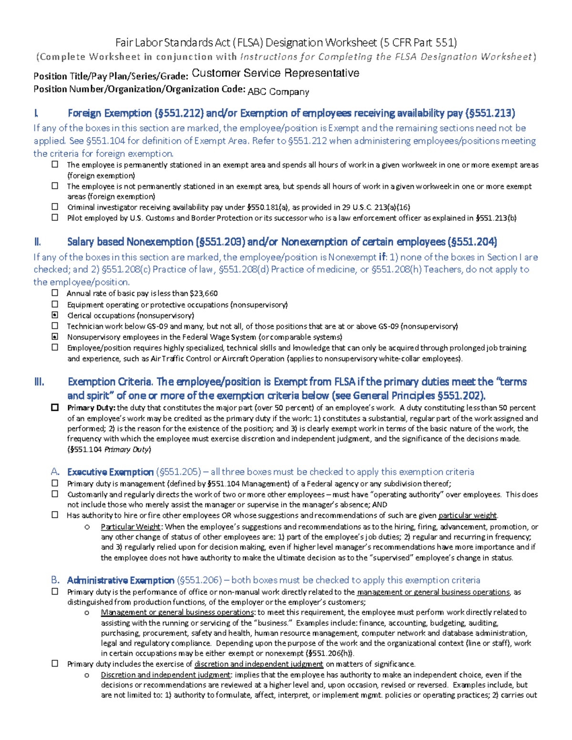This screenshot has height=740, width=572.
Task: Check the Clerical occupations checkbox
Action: coord(55,315)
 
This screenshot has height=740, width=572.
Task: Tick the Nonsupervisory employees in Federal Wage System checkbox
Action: coord(55,336)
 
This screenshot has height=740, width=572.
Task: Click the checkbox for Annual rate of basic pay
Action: coord(55,293)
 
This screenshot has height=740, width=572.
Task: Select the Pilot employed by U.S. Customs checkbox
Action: coord(55,217)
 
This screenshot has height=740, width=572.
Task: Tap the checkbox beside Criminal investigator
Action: coord(55,207)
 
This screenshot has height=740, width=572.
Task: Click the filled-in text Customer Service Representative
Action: coord(275,73)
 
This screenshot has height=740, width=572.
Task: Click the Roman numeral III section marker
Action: coord(39,382)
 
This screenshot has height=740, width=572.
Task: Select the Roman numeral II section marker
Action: coord(38,242)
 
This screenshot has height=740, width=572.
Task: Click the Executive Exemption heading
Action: coord(110,472)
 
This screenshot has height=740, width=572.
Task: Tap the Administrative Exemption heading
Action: coord(120,580)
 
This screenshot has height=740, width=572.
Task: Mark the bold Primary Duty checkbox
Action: coord(55,407)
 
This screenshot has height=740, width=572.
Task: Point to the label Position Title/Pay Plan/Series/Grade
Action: coord(111,76)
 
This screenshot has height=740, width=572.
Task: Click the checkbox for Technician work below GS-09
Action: coord(55,326)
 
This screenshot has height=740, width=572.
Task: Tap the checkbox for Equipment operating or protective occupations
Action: coord(55,304)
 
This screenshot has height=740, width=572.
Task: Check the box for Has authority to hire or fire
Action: coord(55,515)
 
